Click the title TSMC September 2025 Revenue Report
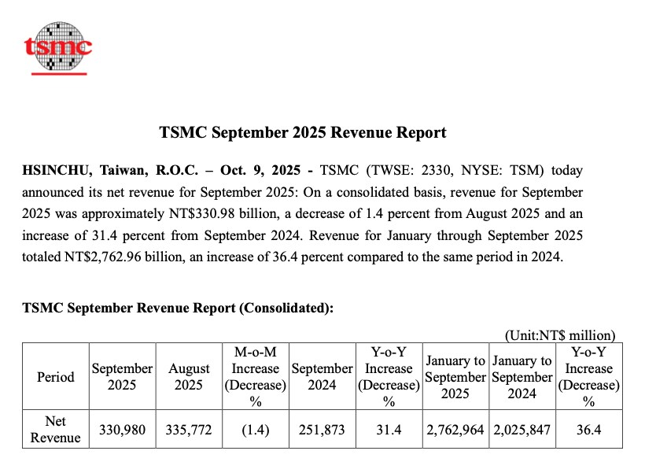click(303, 133)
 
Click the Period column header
click(56, 377)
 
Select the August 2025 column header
click(190, 377)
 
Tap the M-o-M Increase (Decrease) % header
click(255, 377)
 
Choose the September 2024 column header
click(322, 377)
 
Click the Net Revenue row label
click(56, 430)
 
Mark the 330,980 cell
click(123, 430)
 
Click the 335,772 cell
click(190, 430)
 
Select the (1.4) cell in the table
click(255, 430)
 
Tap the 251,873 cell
click(322, 430)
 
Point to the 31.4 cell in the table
click(388, 430)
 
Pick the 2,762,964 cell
click(455, 430)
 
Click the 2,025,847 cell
click(522, 430)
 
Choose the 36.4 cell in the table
click(588, 430)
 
